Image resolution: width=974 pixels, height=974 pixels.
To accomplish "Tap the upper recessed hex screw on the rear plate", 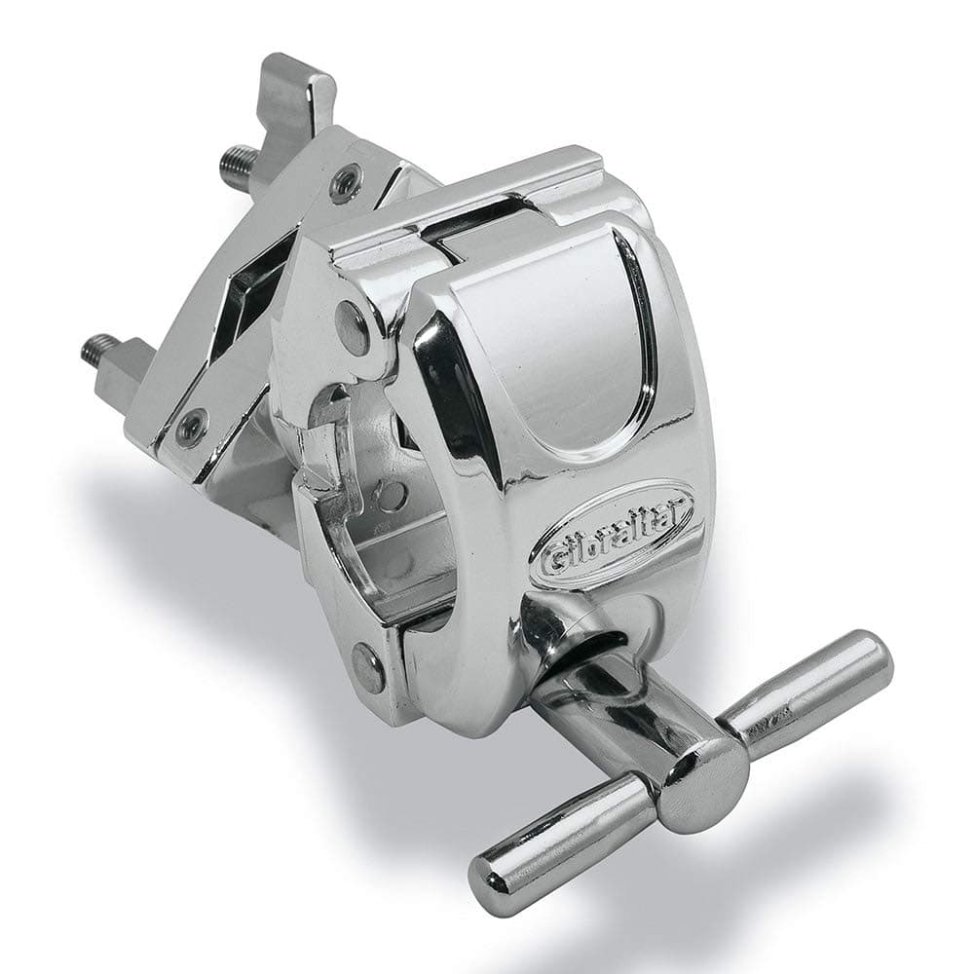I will click(346, 181).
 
